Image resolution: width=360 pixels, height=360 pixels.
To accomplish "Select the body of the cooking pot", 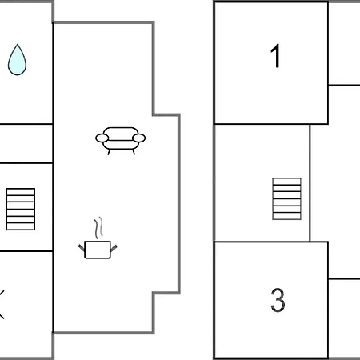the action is [98, 250].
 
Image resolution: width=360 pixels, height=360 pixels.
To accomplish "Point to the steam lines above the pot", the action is [98, 228].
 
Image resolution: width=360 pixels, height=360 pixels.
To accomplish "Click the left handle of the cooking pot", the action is [82, 247].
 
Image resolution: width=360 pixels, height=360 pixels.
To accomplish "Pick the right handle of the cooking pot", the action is [114, 248].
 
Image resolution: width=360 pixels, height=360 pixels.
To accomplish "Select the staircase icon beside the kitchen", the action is [21, 209].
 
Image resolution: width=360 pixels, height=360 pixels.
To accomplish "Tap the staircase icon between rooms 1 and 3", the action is [286, 198].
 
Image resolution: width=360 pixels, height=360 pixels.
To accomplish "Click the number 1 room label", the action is [275, 56].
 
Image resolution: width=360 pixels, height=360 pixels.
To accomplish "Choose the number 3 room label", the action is [278, 300].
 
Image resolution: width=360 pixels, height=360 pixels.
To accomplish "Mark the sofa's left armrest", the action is [102, 138].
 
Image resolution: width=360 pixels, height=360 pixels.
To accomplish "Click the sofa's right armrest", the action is [139, 138].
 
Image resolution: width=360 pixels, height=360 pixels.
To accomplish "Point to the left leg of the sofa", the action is [109, 152].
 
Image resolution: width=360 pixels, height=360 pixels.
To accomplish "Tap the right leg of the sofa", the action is [134, 152].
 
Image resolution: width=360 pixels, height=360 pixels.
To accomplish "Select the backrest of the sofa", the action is [121, 131].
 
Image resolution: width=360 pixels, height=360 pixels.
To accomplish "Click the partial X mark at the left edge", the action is [2, 305].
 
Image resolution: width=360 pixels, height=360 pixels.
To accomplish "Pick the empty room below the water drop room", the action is [26, 143].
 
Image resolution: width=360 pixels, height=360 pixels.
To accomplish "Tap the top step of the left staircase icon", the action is [21, 192].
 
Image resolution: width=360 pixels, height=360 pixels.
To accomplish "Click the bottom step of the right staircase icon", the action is [286, 216].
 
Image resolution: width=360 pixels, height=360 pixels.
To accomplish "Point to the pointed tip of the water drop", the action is [18, 45].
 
